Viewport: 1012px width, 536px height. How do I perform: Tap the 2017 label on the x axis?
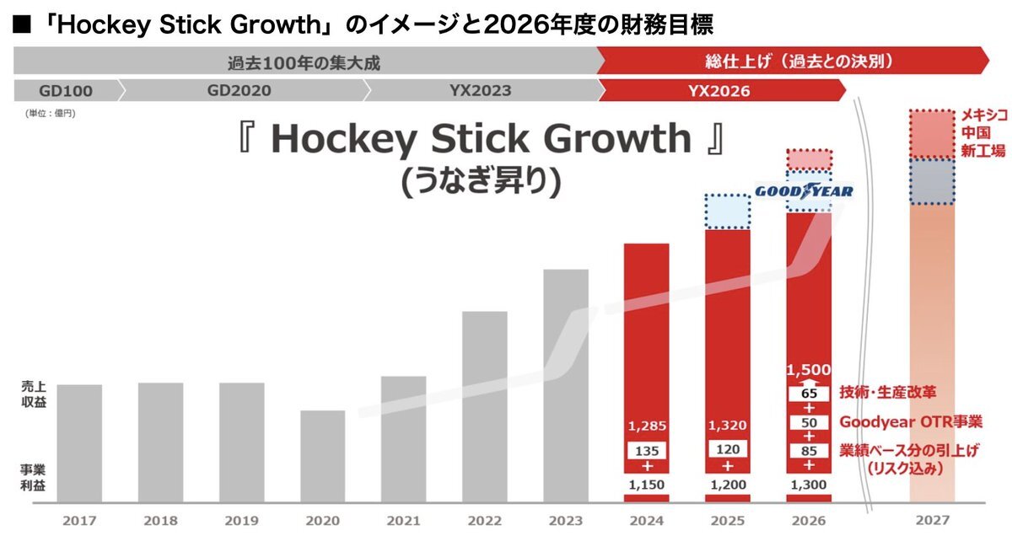(x=79, y=520)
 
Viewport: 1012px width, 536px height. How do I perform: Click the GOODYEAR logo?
(x=803, y=191)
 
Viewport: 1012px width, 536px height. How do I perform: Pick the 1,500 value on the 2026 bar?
(x=809, y=370)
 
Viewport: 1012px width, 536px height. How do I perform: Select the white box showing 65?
(x=809, y=392)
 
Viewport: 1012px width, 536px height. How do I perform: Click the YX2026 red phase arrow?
(x=721, y=90)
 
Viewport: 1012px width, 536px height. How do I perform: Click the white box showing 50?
(x=809, y=421)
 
